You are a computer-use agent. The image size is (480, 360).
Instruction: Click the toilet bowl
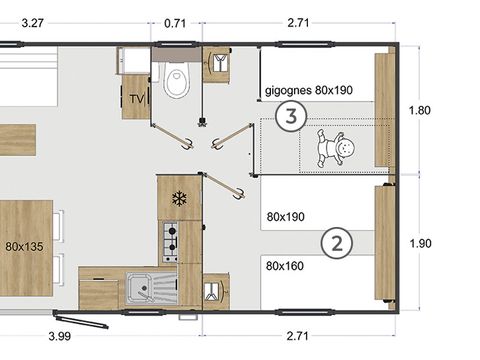(176, 80)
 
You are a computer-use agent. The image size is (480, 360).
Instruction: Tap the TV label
(137, 99)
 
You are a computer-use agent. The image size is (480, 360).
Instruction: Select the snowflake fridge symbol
(179, 199)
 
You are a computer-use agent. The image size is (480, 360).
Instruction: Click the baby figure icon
(335, 148)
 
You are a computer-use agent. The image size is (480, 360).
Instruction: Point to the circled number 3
(291, 116)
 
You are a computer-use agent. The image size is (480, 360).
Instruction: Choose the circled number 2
(337, 243)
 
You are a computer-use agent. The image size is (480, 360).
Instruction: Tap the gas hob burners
(170, 242)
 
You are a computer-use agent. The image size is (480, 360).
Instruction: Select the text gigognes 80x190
(309, 90)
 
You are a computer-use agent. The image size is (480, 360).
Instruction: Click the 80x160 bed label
(285, 266)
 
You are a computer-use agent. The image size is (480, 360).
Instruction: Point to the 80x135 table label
(24, 247)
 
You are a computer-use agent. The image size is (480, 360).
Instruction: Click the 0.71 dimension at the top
(175, 23)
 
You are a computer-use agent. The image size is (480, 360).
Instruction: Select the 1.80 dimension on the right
(420, 110)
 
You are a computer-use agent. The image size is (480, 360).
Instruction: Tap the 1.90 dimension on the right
(420, 243)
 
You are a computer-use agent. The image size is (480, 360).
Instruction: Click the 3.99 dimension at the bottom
(60, 336)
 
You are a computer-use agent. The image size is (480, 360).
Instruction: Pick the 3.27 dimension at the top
(32, 23)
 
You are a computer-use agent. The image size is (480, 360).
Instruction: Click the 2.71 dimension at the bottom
(297, 336)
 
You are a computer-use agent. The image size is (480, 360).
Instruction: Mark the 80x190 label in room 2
(286, 217)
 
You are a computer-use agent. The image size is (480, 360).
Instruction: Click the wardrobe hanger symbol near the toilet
(218, 63)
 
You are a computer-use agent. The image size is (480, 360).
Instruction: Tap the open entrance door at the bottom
(81, 319)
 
